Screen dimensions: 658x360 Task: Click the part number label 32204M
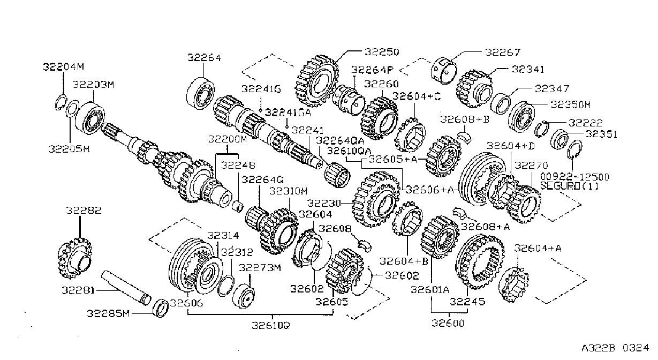click(x=64, y=67)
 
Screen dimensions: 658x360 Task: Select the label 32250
click(x=382, y=52)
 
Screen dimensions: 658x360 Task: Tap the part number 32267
click(x=503, y=52)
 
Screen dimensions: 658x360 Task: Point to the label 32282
click(x=84, y=211)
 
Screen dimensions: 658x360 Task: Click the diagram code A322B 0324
click(x=615, y=348)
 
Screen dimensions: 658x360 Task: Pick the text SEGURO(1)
click(x=569, y=186)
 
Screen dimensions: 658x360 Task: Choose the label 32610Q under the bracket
click(x=271, y=325)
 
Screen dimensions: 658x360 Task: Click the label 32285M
click(x=108, y=313)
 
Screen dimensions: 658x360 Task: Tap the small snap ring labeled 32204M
click(x=60, y=103)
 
